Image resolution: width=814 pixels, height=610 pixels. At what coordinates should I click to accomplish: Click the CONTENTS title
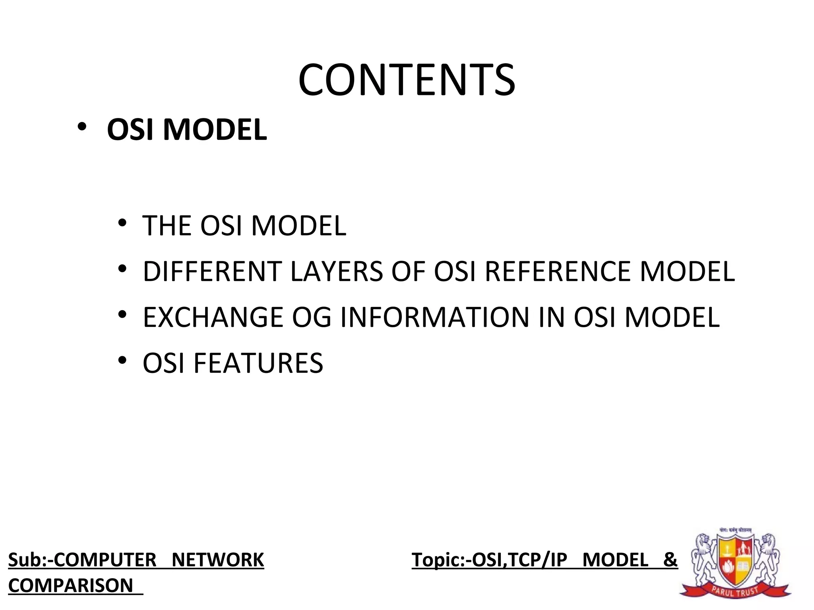407,80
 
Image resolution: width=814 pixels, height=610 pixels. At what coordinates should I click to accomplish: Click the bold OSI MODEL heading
187,130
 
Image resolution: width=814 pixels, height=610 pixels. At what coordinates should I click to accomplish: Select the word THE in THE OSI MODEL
167,226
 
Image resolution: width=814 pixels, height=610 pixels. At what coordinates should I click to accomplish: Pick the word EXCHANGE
213,318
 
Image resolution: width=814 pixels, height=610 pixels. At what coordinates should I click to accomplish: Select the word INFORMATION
435,318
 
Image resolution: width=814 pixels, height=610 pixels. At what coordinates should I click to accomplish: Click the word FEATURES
258,363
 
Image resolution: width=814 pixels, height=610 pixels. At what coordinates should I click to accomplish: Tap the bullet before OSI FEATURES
122,361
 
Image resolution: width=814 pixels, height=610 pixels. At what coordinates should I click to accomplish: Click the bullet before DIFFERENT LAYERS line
122,269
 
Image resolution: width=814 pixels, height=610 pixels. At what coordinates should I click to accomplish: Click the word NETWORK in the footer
218,560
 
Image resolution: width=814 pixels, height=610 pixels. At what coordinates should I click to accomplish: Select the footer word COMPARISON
71,586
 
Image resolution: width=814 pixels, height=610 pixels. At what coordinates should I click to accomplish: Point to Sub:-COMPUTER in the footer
82,560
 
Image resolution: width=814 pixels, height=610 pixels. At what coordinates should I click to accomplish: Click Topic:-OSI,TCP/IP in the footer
489,560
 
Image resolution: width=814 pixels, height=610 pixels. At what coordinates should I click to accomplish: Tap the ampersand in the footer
670,560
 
